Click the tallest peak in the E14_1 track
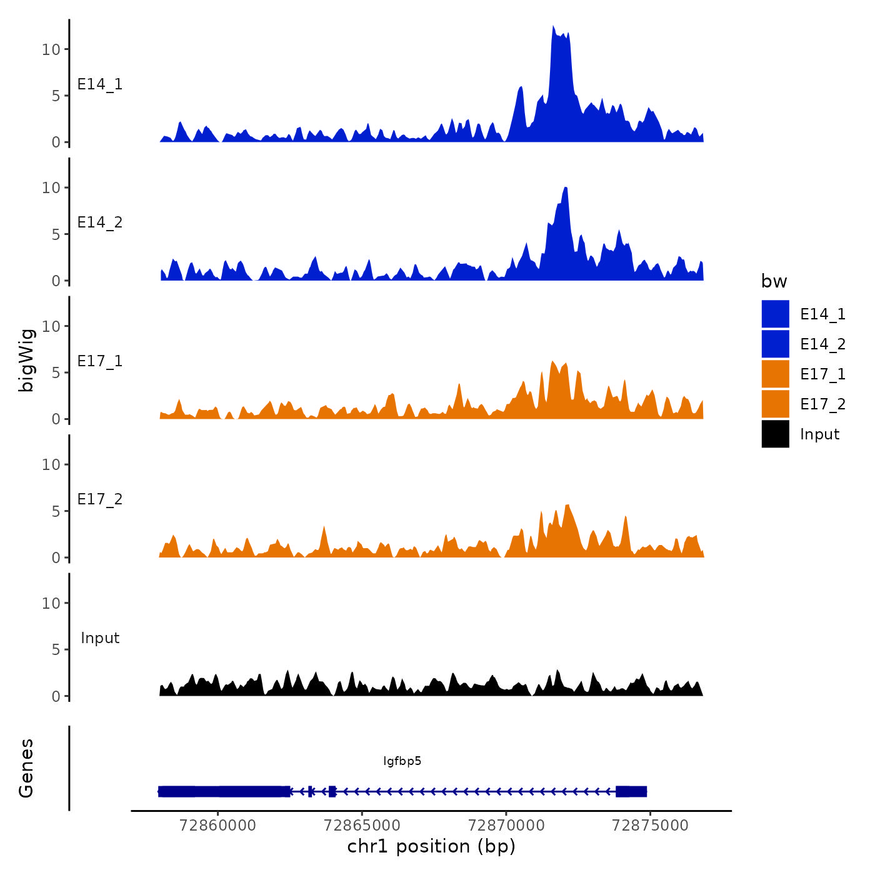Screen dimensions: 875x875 pos(553,27)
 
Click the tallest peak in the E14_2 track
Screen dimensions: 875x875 pos(565,188)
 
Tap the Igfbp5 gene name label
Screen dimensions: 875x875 pos(402,761)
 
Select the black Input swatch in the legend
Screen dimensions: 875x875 pos(775,434)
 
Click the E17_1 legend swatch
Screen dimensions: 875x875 pos(775,374)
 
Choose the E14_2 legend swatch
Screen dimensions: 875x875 pos(775,344)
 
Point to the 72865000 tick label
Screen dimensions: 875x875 pos(362,826)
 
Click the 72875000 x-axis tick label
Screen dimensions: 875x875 pos(650,826)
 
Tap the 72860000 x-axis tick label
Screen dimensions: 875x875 pos(217,826)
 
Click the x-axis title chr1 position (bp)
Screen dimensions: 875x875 pos(431,846)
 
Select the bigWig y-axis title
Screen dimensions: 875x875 pos(26,360)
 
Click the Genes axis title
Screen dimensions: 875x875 pos(26,768)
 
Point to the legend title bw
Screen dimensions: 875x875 pos(774,281)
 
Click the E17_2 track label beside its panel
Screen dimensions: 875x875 pos(100,499)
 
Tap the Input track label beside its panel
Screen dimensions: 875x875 pos(100,638)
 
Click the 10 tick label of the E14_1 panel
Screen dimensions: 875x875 pos(51,49)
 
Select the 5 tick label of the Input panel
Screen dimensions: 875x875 pos(56,650)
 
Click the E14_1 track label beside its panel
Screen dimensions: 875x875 pos(100,84)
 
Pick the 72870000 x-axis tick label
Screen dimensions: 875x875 pos(506,826)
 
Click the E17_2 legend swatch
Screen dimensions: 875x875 pos(775,404)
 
